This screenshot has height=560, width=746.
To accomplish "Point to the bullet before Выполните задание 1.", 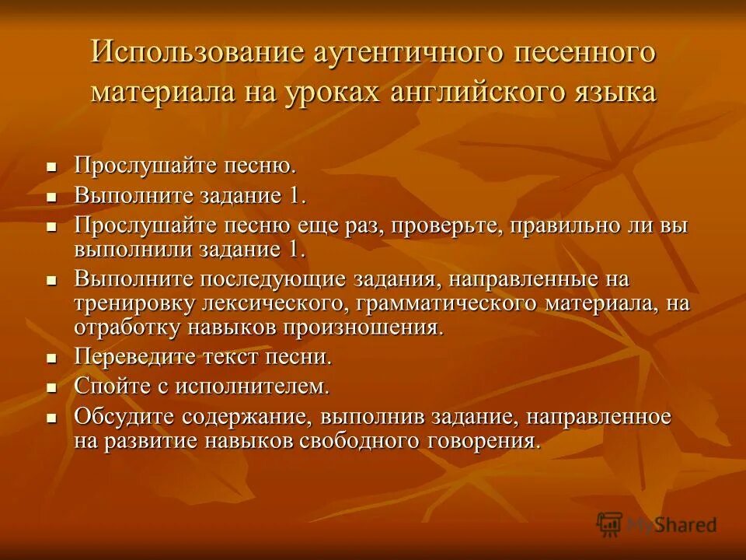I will coord(52,197).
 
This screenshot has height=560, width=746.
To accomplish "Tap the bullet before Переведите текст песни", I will coord(52,359).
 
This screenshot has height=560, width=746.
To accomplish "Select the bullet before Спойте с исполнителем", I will coord(52,387).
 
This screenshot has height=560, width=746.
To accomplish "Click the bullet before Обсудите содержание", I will coord(52,418).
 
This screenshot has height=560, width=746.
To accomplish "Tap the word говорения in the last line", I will coord(472,441).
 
